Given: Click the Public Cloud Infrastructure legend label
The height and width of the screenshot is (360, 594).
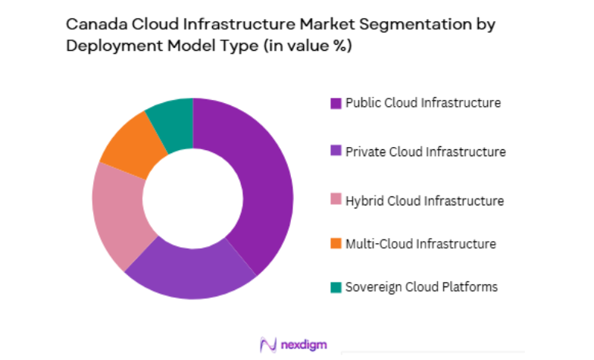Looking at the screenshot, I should [423, 102].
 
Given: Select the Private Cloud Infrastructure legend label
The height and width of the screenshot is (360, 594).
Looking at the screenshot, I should [425, 152].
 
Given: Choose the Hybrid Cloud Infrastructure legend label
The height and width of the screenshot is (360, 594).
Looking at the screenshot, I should [424, 201].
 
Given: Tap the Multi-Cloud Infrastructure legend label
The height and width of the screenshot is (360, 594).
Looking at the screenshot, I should [420, 243].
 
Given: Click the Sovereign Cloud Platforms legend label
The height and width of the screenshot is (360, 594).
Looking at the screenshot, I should [421, 286].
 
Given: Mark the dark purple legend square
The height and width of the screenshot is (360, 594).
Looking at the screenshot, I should [335, 103].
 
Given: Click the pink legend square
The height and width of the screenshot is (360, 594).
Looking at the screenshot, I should [335, 202].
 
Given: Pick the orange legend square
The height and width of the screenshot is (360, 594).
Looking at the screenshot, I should [335, 244].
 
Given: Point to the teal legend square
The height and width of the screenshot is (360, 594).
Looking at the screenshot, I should [335, 287].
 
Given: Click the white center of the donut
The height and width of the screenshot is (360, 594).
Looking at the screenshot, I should [192, 199].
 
